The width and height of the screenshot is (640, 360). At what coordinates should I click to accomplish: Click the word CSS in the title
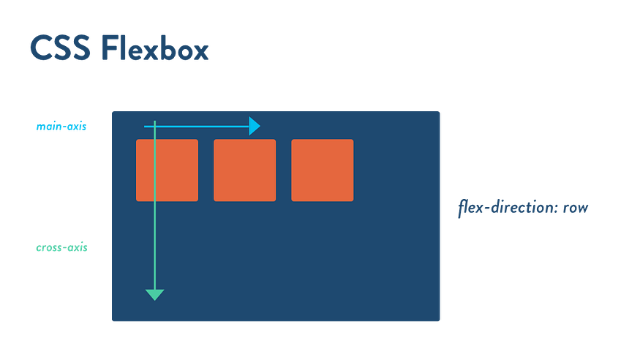point(59,48)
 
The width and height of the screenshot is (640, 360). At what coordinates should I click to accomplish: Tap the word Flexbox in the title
point(154,48)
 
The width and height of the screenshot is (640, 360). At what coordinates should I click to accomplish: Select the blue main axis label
point(61,127)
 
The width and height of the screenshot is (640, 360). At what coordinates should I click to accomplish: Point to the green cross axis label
point(61,247)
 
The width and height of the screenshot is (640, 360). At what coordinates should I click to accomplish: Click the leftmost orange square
point(167,170)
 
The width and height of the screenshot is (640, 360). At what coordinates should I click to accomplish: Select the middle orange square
point(244,170)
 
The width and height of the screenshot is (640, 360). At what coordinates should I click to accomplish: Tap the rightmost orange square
point(322,170)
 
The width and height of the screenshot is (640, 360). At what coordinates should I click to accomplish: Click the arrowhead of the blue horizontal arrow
point(255,127)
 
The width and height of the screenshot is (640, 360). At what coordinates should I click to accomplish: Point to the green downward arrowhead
point(155,294)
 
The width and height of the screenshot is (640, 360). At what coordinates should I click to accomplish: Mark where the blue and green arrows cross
point(155,127)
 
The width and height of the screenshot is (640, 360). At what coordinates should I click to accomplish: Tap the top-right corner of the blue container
point(440,111)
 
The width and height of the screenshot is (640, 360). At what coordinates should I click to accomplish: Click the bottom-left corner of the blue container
point(113,320)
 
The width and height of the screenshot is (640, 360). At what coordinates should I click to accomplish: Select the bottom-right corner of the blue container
point(440,320)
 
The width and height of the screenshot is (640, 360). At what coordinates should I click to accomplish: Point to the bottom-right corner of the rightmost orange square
point(352,199)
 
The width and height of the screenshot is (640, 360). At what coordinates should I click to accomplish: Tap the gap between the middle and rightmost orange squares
point(283,170)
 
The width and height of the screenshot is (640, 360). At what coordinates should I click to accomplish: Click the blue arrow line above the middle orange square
point(234,127)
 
